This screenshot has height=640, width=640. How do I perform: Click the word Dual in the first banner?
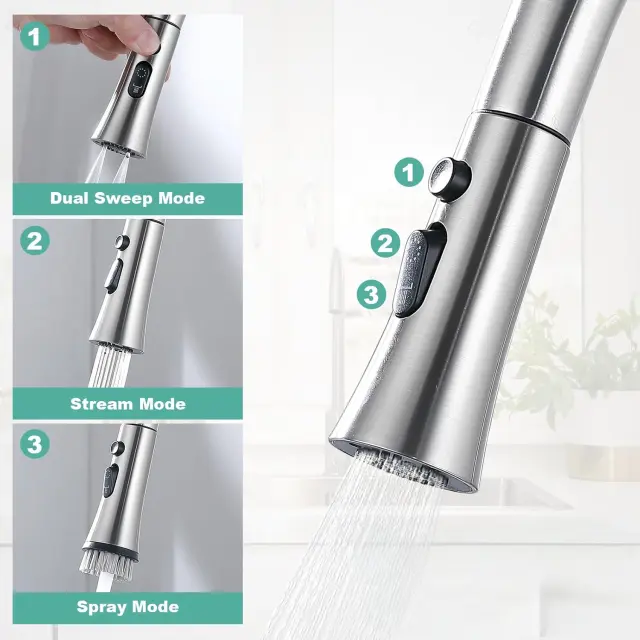click(x=69, y=198)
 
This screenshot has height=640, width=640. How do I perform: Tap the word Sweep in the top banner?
click(x=124, y=199)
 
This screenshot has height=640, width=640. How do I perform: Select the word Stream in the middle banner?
click(x=102, y=404)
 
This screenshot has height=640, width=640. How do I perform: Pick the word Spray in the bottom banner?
click(x=102, y=608)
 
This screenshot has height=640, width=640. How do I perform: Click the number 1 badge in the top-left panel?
click(x=35, y=36)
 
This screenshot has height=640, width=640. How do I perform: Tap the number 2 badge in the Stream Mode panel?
click(x=35, y=240)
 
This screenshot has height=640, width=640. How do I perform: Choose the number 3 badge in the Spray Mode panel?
click(x=35, y=444)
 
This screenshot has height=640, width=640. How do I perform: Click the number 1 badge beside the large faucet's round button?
click(x=409, y=172)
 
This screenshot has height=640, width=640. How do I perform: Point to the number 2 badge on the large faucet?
click(x=385, y=243)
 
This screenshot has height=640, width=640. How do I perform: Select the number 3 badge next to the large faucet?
click(x=371, y=294)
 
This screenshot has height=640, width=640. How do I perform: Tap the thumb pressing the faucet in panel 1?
click(x=140, y=40)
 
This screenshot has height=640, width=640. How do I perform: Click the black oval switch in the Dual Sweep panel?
click(x=140, y=80)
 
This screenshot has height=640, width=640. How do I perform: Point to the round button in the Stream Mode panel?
click(x=121, y=242)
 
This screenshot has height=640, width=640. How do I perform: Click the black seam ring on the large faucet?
click(x=520, y=122)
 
